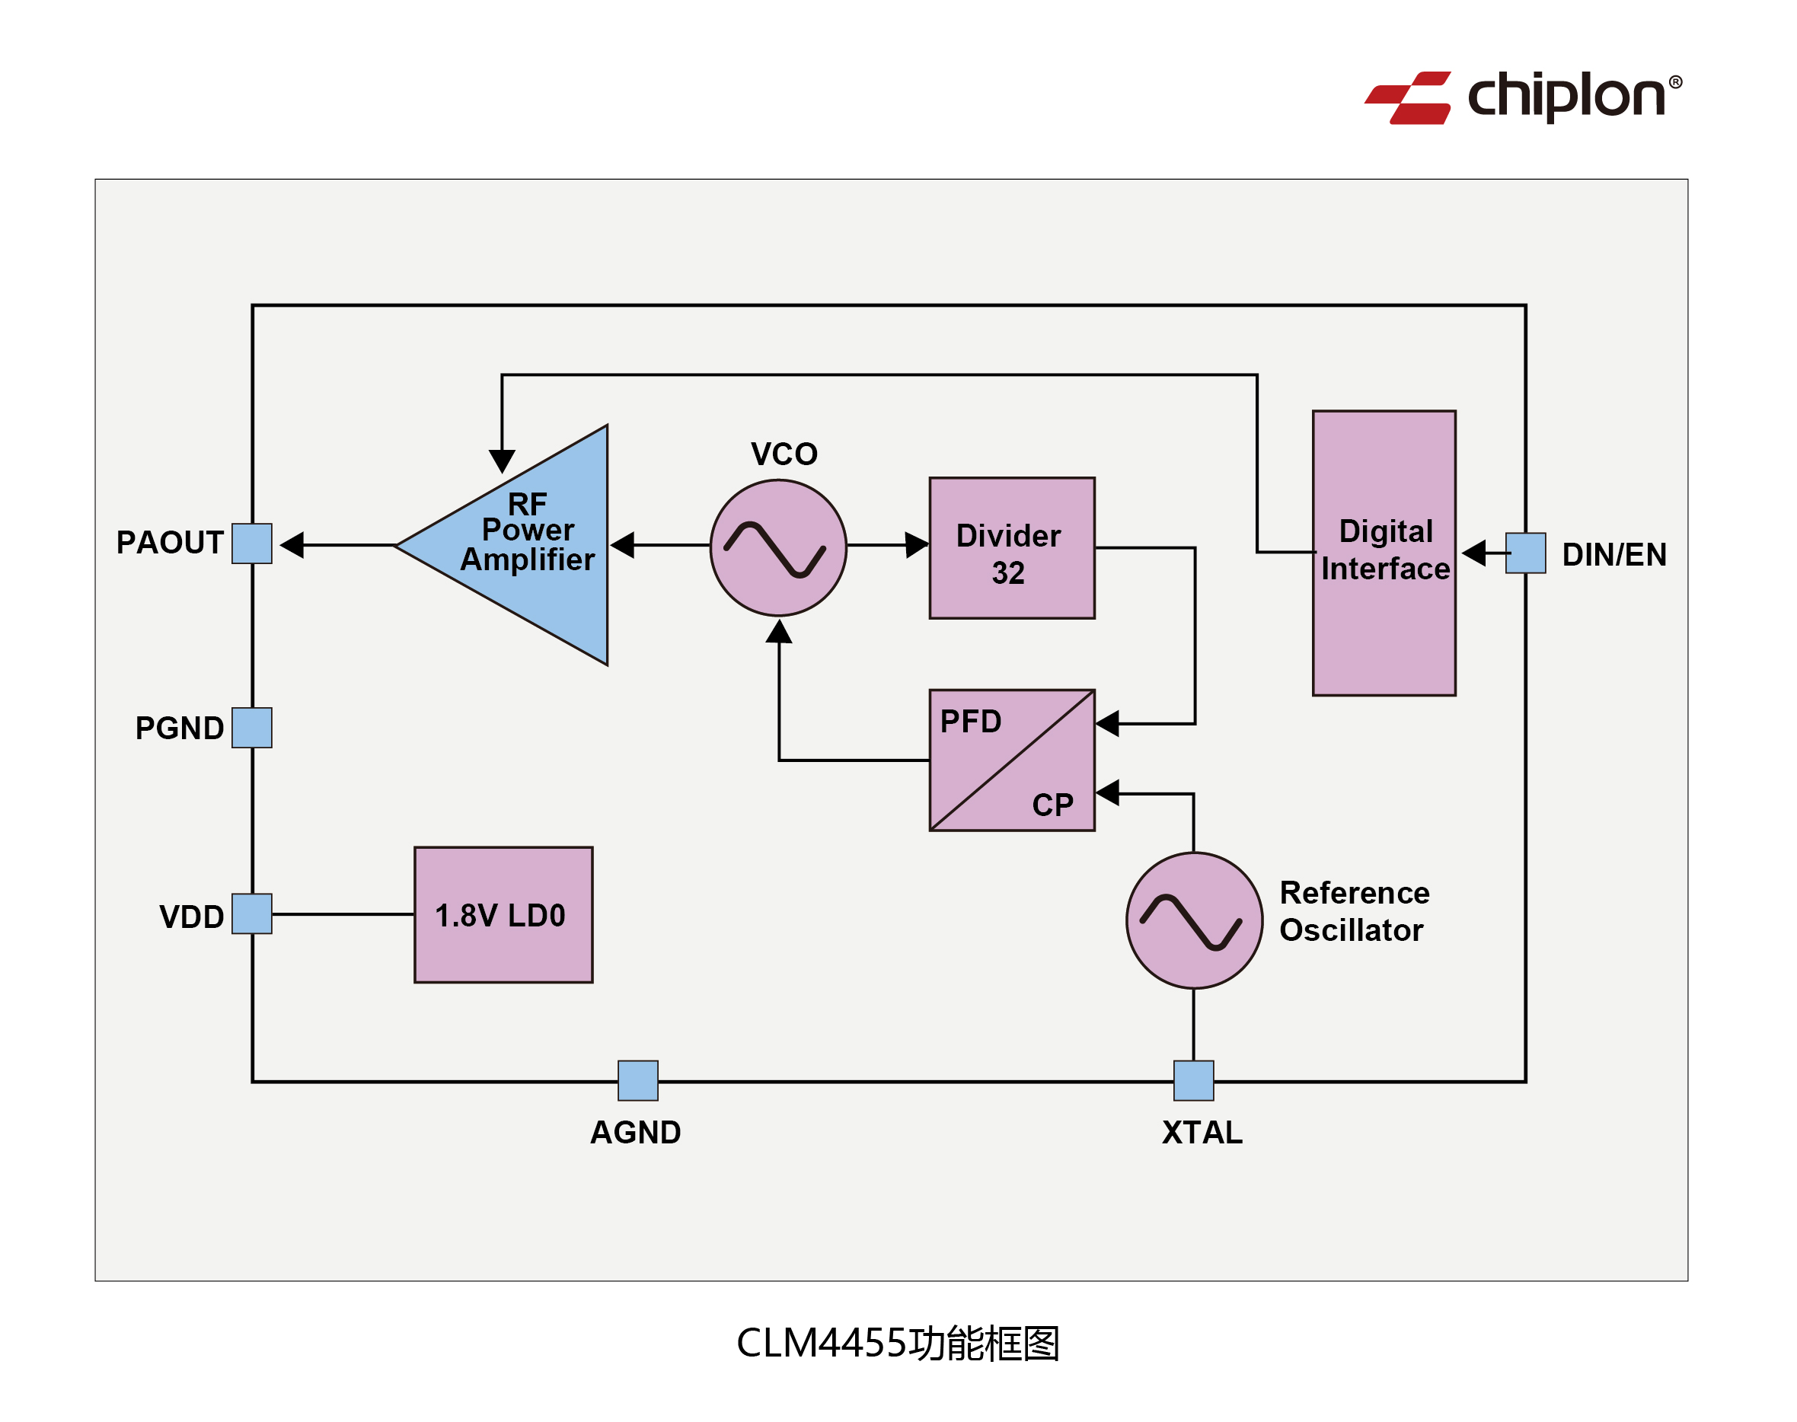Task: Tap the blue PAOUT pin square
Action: click(x=251, y=544)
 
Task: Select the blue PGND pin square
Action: click(x=251, y=728)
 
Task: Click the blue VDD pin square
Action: click(x=251, y=913)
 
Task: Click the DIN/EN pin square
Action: click(x=1525, y=553)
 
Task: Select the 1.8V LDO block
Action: click(x=503, y=914)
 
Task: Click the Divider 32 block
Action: click(x=1012, y=548)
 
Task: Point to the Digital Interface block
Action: click(x=1384, y=553)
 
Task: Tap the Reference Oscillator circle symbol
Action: click(x=1194, y=920)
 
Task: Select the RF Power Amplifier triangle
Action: click(x=533, y=544)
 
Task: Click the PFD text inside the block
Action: click(x=970, y=721)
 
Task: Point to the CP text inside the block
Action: click(x=1052, y=804)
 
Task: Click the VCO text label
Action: click(x=784, y=454)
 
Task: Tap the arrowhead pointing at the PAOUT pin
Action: click(x=292, y=545)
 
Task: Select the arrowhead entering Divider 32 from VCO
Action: click(x=916, y=545)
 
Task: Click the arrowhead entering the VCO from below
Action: click(x=779, y=632)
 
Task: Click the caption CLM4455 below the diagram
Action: click(x=820, y=1343)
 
